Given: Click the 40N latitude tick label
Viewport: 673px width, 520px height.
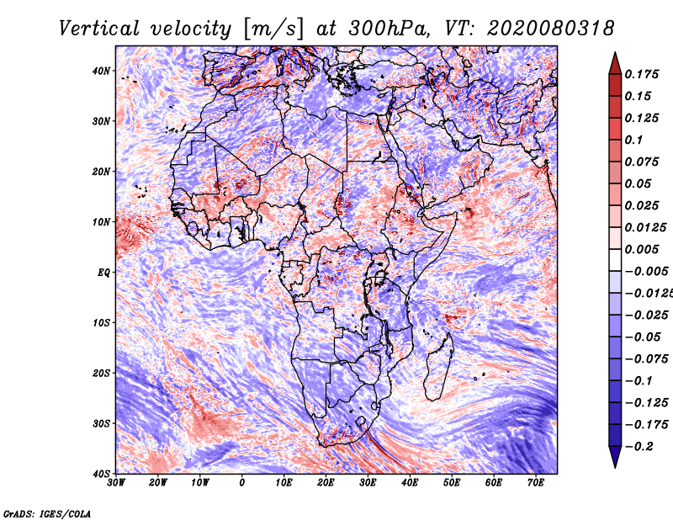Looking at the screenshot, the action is pyautogui.click(x=101, y=71).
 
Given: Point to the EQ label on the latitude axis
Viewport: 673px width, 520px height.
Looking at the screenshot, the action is pyautogui.click(x=103, y=273).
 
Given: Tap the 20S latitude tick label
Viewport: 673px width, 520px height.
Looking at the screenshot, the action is pyautogui.click(x=101, y=373).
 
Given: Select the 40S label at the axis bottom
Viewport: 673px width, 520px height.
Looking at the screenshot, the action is pyautogui.click(x=101, y=474).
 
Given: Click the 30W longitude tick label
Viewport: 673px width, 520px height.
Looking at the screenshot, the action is pyautogui.click(x=116, y=483).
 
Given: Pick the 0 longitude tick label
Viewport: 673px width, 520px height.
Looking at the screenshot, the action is pyautogui.click(x=242, y=483).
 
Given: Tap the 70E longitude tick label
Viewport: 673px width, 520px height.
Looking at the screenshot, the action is pyautogui.click(x=536, y=483).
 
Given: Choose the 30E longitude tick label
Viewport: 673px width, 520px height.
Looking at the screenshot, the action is pyautogui.click(x=368, y=483).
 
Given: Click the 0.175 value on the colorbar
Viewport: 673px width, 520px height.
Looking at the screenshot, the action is pyautogui.click(x=642, y=74).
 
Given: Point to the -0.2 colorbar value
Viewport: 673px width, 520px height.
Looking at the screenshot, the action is pyautogui.click(x=639, y=447).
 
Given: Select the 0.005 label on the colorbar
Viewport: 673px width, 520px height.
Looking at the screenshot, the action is pyautogui.click(x=642, y=249).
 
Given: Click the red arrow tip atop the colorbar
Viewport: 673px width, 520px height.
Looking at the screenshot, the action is pyautogui.click(x=615, y=53).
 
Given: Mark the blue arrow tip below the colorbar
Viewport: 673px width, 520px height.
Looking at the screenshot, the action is pyautogui.click(x=615, y=466).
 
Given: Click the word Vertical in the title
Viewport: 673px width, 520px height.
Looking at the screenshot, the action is pyautogui.click(x=99, y=29).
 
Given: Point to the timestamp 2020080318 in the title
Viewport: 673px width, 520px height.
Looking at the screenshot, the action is pyautogui.click(x=551, y=29).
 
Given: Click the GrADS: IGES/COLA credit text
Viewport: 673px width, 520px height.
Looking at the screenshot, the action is pyautogui.click(x=47, y=513).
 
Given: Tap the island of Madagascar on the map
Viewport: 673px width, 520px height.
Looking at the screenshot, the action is pyautogui.click(x=439, y=368).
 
